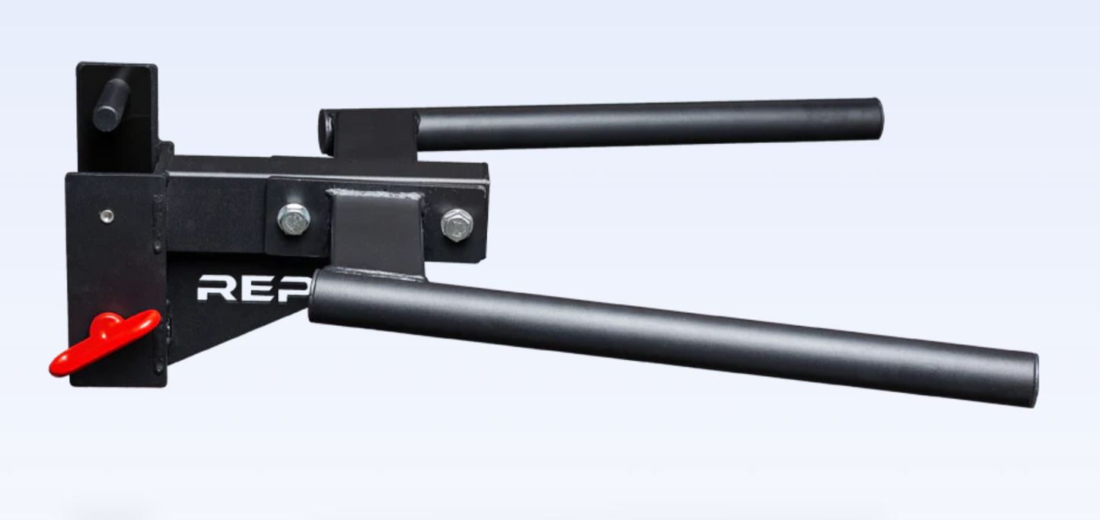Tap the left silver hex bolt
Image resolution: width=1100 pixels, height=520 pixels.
(294, 219)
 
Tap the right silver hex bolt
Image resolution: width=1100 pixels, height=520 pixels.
(457, 225)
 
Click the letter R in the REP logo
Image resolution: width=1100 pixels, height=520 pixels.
(216, 289)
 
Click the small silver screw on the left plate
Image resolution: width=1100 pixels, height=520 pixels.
(107, 215)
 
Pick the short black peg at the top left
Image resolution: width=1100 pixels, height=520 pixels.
(111, 104)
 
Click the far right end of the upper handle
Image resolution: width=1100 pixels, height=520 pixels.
(879, 119)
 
